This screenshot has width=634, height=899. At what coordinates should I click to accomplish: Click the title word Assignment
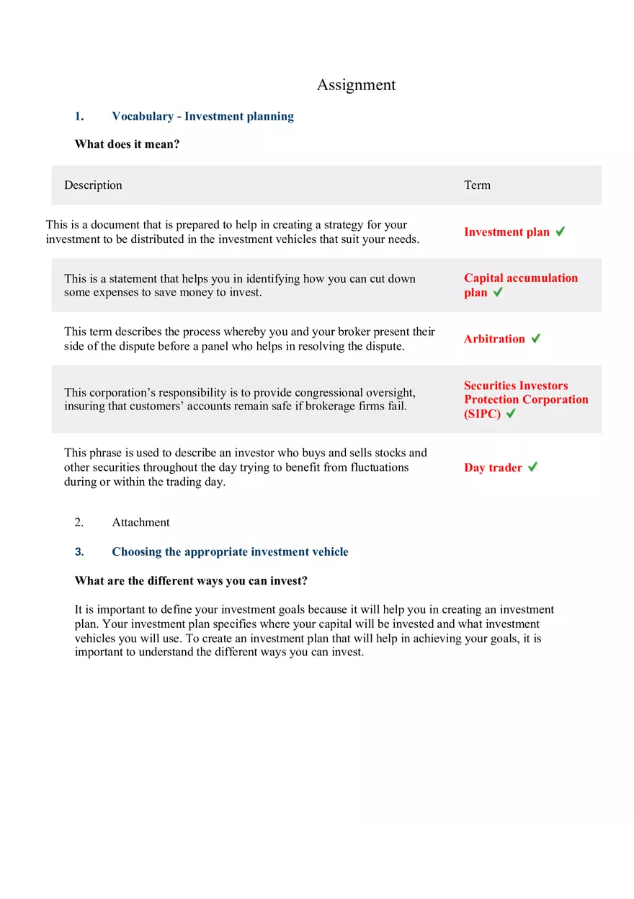tap(356, 85)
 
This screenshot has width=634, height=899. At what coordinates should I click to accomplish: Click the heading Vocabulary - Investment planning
tap(202, 116)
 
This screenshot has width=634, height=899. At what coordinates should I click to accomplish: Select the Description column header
tap(93, 185)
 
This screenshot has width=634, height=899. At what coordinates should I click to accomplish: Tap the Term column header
tap(477, 185)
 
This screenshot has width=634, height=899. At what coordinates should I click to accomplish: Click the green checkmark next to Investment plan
tap(560, 231)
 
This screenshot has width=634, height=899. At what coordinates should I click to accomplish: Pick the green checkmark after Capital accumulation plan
tap(498, 292)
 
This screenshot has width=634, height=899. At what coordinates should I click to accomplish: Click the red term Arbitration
tap(494, 339)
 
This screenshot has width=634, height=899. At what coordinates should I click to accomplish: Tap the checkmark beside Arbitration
tap(535, 338)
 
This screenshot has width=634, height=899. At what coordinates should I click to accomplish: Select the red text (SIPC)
tap(482, 414)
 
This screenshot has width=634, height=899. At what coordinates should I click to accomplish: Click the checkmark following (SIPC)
tap(511, 413)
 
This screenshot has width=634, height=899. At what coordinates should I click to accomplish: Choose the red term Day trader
tap(493, 468)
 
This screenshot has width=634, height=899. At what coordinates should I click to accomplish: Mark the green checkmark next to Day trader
tap(532, 466)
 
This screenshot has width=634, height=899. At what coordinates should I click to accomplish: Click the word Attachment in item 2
tap(140, 523)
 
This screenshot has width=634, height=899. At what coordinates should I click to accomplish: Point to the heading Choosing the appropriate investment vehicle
tap(230, 552)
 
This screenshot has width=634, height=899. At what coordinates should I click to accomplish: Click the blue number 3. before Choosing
tap(79, 552)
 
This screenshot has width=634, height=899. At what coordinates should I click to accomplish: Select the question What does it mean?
tap(127, 144)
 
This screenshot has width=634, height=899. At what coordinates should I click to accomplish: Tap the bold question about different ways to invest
tap(191, 581)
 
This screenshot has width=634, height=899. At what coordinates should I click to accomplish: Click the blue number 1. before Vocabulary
tap(79, 116)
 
